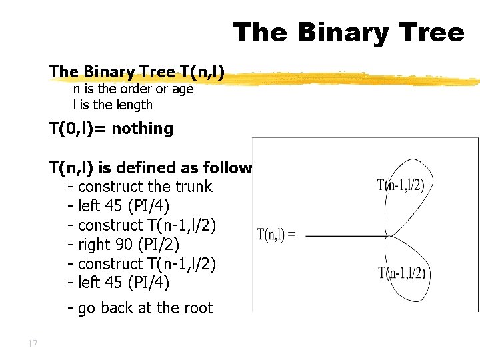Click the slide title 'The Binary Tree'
(x=349, y=32)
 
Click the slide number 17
(x=33, y=344)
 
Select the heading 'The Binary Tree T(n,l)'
(x=137, y=71)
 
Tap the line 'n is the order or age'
(x=133, y=89)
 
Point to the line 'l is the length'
(x=113, y=105)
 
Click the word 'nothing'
(x=143, y=129)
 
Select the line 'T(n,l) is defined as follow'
(x=150, y=168)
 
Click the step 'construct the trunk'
(x=145, y=187)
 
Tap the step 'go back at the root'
(x=145, y=308)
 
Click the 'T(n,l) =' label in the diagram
(x=276, y=235)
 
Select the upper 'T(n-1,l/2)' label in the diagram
(x=400, y=185)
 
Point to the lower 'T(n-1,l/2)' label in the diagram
(x=402, y=273)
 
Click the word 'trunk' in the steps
(x=193, y=187)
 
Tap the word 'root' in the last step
(x=197, y=308)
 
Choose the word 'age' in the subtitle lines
(x=181, y=89)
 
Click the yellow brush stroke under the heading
(x=353, y=79)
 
